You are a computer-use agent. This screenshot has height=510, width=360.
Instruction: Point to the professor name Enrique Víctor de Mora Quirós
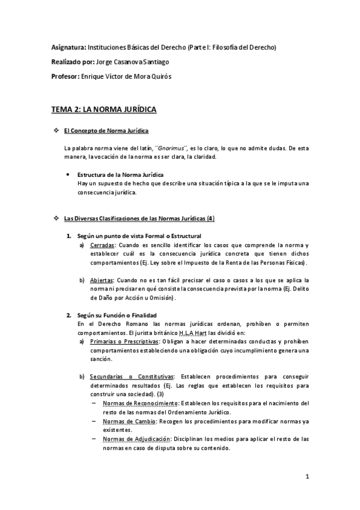coord(135,76)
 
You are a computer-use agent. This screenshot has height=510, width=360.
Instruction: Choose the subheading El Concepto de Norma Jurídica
coord(106,131)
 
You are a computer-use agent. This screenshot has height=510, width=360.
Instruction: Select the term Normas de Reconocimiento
coord(133,403)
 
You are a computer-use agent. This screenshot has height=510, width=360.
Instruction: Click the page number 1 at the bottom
coord(307,478)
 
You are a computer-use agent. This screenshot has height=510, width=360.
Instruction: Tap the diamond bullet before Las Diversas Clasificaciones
coord(56,218)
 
